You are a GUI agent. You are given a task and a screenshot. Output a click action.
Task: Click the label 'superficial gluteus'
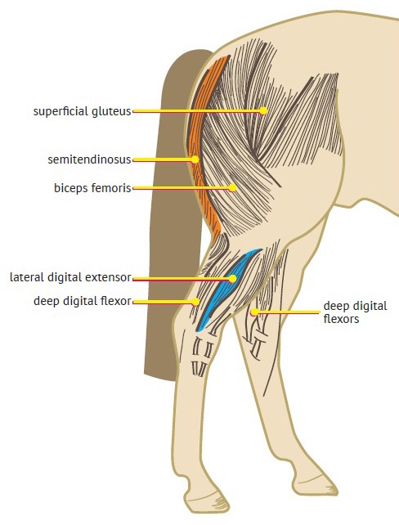(x=82, y=111)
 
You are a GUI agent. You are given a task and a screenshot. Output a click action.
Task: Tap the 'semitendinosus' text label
(x=89, y=159)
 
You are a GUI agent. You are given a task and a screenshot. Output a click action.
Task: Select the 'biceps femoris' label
(x=92, y=188)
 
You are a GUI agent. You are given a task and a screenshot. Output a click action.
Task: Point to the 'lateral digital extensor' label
(x=70, y=277)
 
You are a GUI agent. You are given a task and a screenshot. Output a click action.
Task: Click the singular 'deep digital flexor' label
(x=82, y=301)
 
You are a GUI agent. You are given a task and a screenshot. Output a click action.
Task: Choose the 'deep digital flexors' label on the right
(x=355, y=312)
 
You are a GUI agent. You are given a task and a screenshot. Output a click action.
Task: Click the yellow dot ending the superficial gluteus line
(x=263, y=110)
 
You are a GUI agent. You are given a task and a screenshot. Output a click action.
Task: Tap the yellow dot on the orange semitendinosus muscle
(x=195, y=159)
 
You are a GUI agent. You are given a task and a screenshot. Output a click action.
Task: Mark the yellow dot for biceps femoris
(x=232, y=188)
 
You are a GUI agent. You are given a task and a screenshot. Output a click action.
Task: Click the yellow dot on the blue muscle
(x=233, y=278)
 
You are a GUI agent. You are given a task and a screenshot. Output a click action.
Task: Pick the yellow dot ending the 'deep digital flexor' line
(x=195, y=302)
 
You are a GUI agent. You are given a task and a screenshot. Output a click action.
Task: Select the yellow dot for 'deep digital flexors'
(x=254, y=312)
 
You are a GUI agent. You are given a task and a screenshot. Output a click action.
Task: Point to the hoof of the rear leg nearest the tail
(x=205, y=503)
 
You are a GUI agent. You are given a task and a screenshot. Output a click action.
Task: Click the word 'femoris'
(x=114, y=188)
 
